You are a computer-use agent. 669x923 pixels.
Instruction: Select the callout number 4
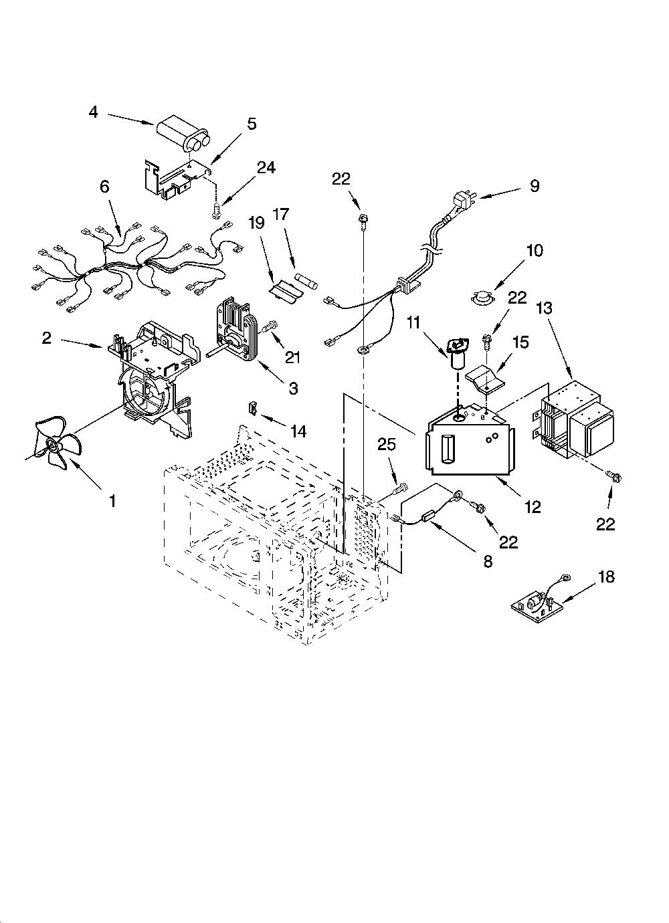point(94,112)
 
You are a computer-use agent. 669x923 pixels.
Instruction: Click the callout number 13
point(545,308)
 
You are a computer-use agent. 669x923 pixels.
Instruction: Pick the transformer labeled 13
point(575,420)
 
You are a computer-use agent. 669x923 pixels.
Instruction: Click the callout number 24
point(266,168)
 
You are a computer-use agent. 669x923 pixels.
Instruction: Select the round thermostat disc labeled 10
point(483,297)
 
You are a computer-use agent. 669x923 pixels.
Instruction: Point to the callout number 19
point(256,223)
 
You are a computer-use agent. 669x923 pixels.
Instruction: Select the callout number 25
point(386,445)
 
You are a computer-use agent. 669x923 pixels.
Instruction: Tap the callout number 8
point(488,561)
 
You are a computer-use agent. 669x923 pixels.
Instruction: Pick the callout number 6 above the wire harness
point(105,187)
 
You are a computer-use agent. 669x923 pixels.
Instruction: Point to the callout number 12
point(533,507)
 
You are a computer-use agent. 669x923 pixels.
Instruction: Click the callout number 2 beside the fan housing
point(47,338)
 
